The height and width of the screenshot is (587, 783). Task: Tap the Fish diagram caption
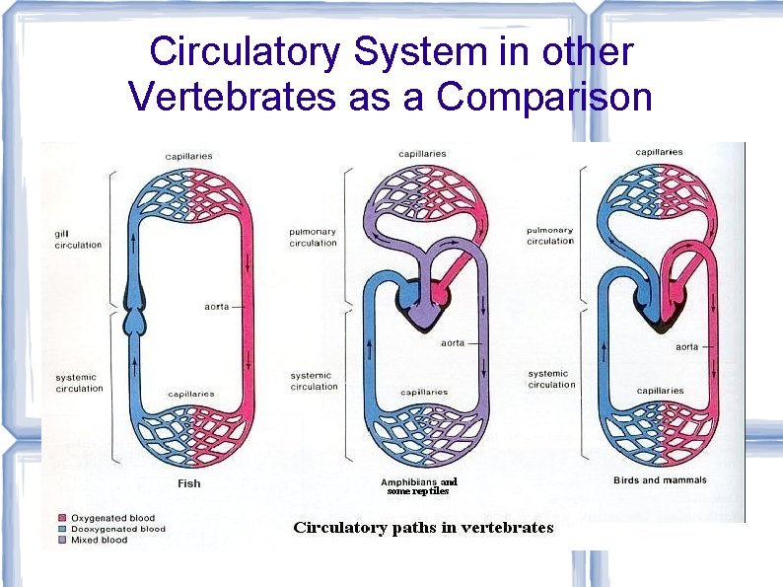(x=189, y=483)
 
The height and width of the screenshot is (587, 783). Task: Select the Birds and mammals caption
(x=660, y=480)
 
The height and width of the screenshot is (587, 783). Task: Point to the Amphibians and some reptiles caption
(x=418, y=486)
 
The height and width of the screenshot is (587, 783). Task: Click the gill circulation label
(x=78, y=239)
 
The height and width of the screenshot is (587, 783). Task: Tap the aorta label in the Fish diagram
(x=215, y=307)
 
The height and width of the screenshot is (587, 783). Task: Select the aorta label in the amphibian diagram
(x=453, y=343)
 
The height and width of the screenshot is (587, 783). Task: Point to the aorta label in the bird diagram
(x=687, y=346)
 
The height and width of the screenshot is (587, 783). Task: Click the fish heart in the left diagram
(x=131, y=306)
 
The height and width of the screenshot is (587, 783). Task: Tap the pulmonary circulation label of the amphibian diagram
(x=313, y=237)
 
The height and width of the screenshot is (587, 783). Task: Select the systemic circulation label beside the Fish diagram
(x=79, y=383)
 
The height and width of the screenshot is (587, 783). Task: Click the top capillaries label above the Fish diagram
(x=188, y=156)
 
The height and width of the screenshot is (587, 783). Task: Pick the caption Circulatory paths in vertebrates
(x=423, y=527)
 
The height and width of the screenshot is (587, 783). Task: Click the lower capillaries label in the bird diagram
(x=660, y=391)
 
